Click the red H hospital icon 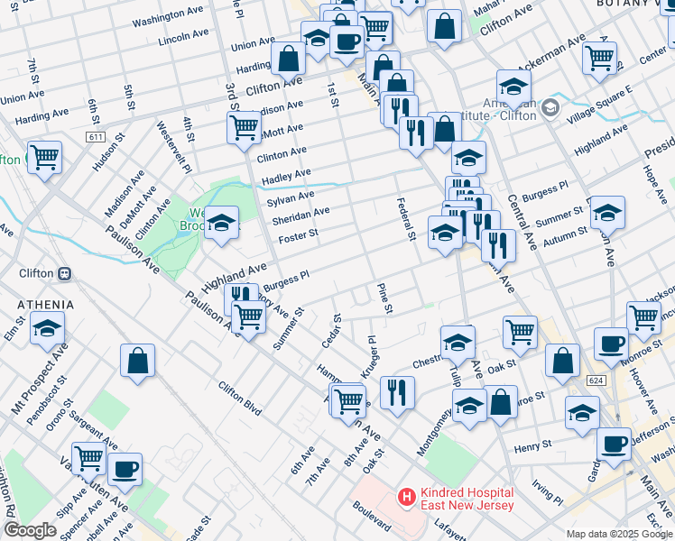click(407, 497)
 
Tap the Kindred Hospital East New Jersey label click(467, 499)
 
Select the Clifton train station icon click(64, 273)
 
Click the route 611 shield click(96, 136)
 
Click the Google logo click(29, 530)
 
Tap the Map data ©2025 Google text click(619, 534)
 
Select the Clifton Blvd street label click(239, 398)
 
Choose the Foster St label click(299, 234)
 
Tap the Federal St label click(403, 220)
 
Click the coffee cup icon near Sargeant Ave click(125, 469)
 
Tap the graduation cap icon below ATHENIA click(48, 328)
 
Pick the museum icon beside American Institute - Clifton click(550, 110)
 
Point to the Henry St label click(533, 445)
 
